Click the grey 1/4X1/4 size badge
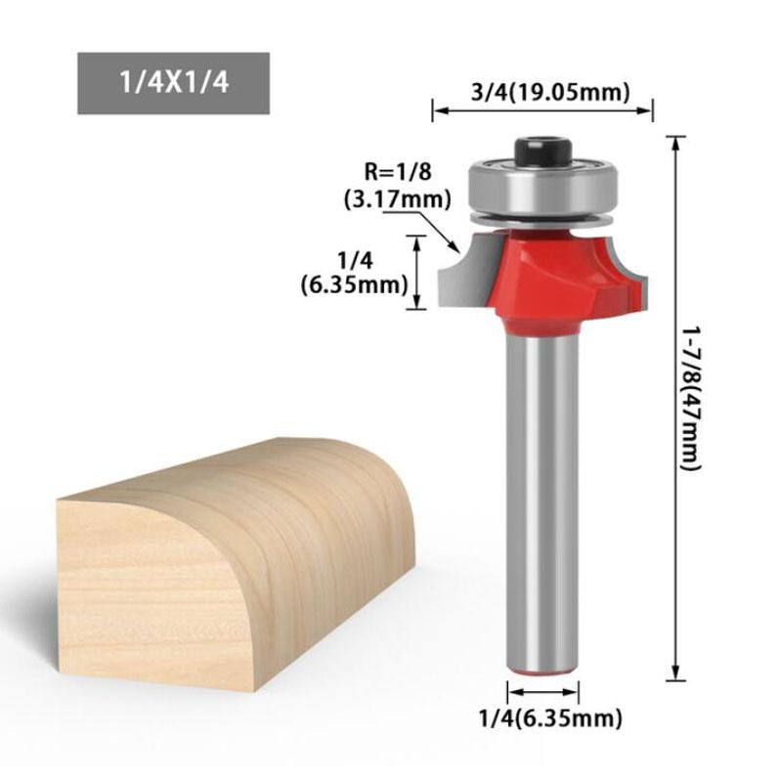point(173,83)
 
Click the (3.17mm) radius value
point(398,199)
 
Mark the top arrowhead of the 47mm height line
point(673,141)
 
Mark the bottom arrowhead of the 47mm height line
point(673,674)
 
